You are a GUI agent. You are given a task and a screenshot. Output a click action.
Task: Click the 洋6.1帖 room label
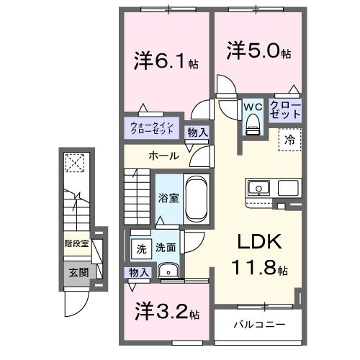click(166, 62)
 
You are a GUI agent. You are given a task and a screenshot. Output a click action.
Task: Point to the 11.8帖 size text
click(260, 269)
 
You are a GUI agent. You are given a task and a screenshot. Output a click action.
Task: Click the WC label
click(252, 107)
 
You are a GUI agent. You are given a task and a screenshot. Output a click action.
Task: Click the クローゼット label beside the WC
click(285, 111)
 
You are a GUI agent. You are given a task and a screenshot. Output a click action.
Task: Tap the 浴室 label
click(166, 197)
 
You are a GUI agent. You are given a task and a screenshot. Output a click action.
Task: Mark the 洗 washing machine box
click(141, 248)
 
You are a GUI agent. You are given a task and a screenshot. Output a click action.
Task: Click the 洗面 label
click(166, 248)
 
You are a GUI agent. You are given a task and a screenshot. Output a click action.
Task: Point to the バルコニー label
click(259, 324)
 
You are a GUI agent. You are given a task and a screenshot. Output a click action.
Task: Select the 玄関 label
click(78, 272)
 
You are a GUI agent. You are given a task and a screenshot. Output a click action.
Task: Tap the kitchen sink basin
click(258, 189)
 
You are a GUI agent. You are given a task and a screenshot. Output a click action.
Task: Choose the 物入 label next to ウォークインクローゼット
click(197, 132)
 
